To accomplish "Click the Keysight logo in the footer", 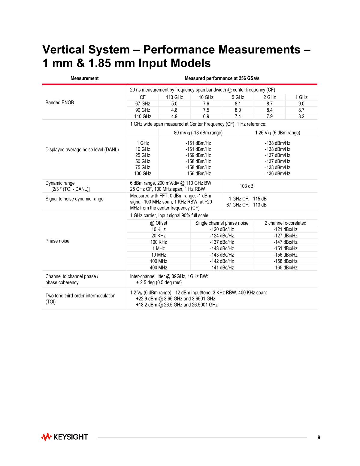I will [x=65, y=437].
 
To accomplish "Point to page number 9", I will [x=319, y=437].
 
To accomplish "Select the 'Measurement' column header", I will [x=84, y=78].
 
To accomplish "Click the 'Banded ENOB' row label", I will [x=59, y=102].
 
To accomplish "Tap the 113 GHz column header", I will [x=174, y=97].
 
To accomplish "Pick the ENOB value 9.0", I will [x=301, y=104].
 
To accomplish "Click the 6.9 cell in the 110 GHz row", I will [x=206, y=117].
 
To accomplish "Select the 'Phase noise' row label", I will [x=57, y=241].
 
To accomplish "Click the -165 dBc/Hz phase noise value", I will [x=285, y=268].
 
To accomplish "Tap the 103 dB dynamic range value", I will [x=246, y=186].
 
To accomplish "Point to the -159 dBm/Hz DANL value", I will [x=198, y=155].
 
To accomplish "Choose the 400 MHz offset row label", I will [x=159, y=268].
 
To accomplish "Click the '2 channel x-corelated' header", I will [x=285, y=223].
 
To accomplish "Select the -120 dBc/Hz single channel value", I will [x=222, y=229].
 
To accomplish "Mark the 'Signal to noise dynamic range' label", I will [x=74, y=199].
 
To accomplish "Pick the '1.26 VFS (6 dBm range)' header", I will [x=277, y=133].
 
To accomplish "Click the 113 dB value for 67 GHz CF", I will [x=259, y=205].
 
